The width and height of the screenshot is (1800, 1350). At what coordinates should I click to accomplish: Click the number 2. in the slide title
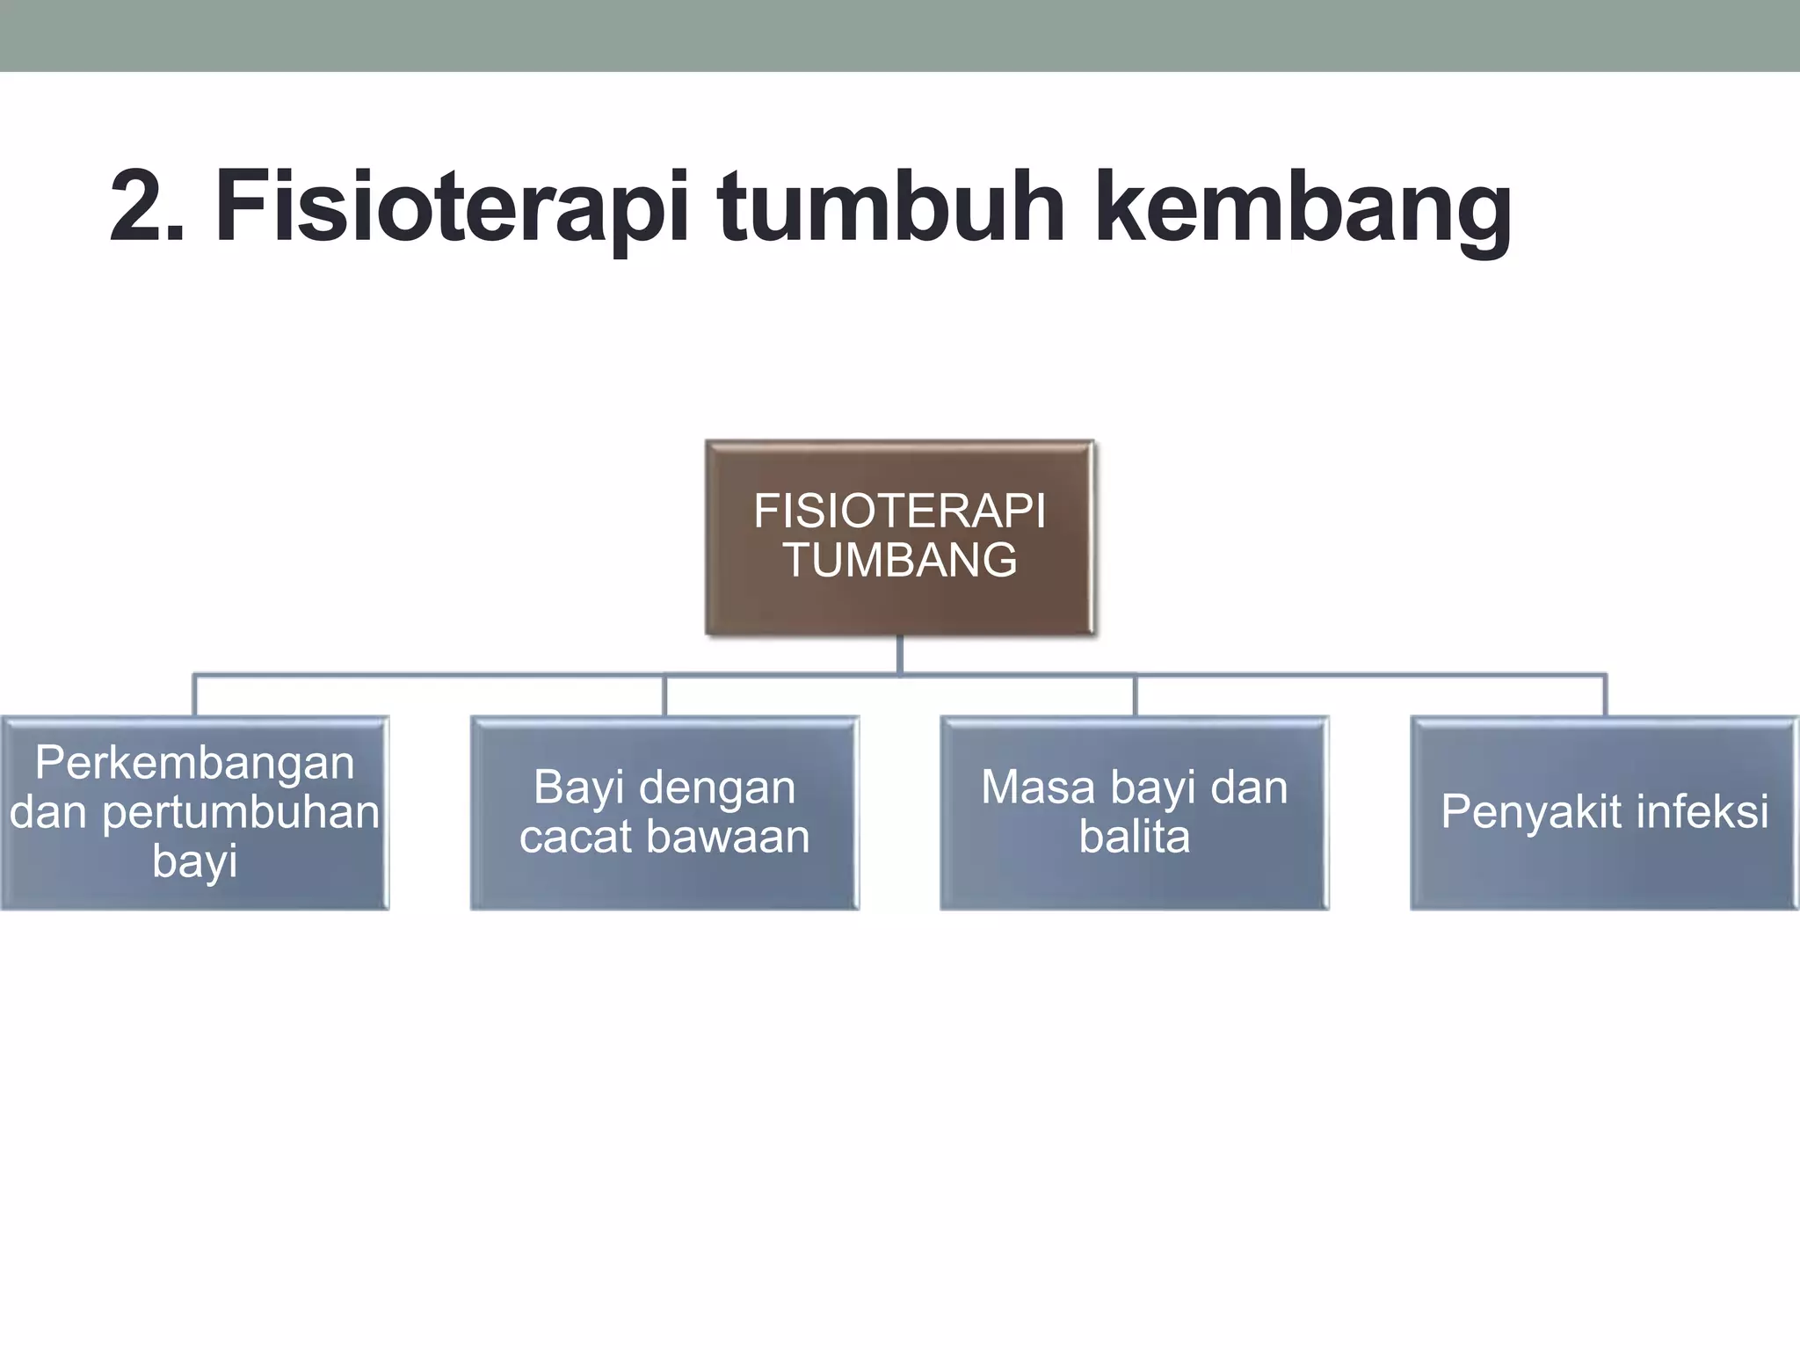click(x=148, y=207)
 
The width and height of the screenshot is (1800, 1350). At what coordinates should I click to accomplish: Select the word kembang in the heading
click(x=1303, y=208)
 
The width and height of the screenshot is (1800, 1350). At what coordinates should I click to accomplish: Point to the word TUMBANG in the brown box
click(x=900, y=560)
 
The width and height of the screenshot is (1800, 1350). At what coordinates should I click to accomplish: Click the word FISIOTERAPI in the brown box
click(x=900, y=511)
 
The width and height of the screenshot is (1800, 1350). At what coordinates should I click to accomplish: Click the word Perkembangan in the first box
click(x=194, y=762)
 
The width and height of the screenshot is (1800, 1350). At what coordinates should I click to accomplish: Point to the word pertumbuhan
click(x=241, y=812)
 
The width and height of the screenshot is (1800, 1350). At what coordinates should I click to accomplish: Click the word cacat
click(x=575, y=836)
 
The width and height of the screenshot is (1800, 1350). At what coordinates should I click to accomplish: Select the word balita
click(x=1134, y=836)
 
